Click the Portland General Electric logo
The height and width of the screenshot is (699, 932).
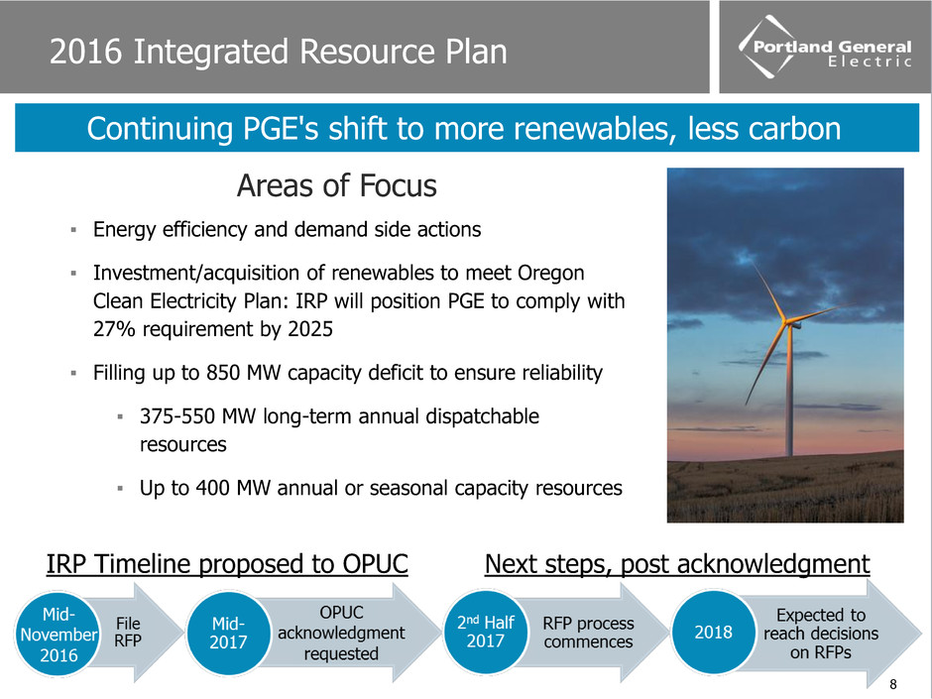[824, 47]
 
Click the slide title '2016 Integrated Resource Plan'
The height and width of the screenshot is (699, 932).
[279, 52]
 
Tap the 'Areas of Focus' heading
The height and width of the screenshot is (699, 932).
[336, 185]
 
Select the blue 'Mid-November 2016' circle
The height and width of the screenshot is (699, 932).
[58, 635]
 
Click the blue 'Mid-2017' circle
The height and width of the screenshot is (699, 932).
[228, 633]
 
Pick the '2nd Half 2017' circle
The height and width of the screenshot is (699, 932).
[486, 632]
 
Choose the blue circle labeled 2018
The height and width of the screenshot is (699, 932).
[713, 632]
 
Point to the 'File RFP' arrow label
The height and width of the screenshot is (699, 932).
[128, 632]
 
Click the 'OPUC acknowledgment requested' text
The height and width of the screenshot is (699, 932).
[341, 633]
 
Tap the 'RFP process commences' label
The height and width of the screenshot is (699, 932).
[588, 633]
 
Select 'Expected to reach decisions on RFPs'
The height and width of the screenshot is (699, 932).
[821, 634]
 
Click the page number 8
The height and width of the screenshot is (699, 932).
[892, 684]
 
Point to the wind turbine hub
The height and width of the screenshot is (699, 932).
[790, 323]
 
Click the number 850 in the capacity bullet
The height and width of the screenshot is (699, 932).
[223, 373]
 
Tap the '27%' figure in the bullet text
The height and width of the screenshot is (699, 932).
[115, 329]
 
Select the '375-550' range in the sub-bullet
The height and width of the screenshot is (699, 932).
[177, 416]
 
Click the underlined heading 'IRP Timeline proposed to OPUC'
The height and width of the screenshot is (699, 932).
[227, 564]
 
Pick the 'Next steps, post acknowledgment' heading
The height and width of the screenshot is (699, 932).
[677, 564]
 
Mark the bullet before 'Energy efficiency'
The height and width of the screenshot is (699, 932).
[73, 229]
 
